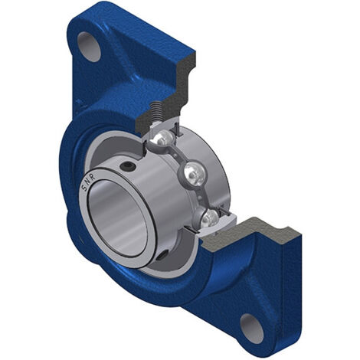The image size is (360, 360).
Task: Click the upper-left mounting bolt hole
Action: (89, 47)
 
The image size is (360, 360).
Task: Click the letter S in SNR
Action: (84, 188)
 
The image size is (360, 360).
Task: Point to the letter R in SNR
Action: (93, 177)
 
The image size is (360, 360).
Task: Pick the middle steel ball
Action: (194, 175)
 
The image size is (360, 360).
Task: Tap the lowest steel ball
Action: (210, 218)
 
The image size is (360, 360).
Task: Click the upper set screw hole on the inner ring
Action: (128, 167)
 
